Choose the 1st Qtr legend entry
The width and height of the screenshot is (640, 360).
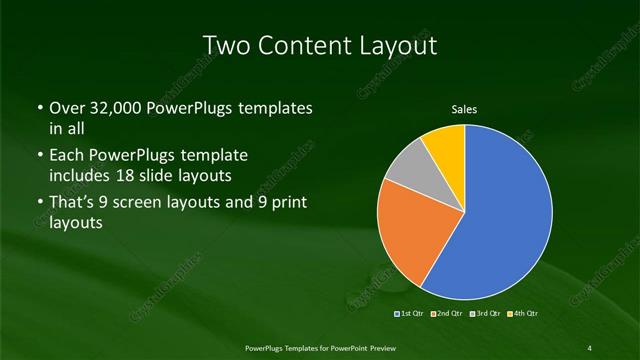[412, 315]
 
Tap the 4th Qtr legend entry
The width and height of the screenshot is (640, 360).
[521, 315]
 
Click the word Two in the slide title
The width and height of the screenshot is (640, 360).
[225, 45]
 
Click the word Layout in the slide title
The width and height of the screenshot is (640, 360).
[401, 45]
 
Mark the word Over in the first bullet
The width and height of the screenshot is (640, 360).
[66, 108]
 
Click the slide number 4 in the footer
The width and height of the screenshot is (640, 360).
[590, 347]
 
